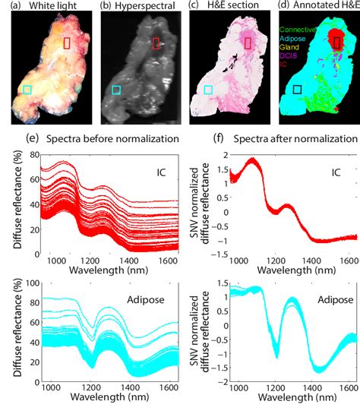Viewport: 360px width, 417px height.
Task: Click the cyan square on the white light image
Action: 27,90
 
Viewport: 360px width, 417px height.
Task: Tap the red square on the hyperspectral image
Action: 156,43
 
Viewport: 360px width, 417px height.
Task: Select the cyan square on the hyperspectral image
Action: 116,90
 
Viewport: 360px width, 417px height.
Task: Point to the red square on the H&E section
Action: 247,43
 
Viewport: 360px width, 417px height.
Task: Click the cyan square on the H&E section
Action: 207,90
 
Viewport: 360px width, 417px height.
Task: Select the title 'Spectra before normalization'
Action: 112,139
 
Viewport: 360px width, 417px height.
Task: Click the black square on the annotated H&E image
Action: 298,90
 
